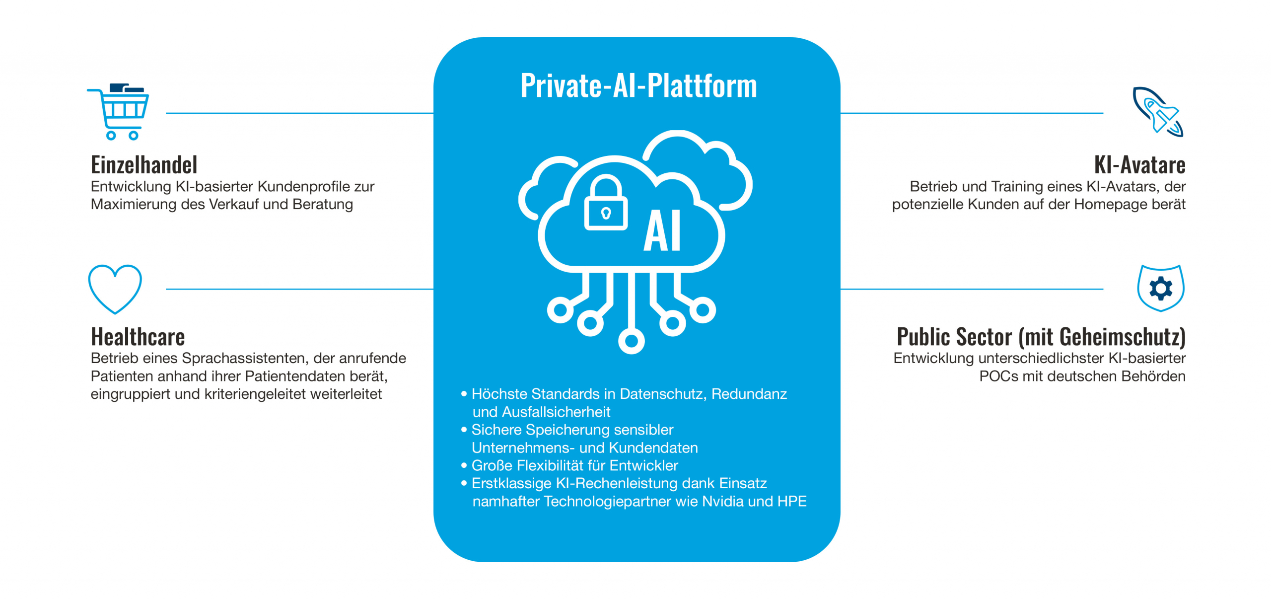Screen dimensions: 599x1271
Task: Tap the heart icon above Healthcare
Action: (x=115, y=288)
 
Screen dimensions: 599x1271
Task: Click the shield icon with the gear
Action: (x=1160, y=288)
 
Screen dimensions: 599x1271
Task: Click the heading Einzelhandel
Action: (x=144, y=165)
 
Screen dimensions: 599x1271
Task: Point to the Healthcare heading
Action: (x=138, y=337)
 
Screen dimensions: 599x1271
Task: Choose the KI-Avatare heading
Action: (x=1139, y=165)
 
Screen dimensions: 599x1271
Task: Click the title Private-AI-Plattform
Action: (x=638, y=85)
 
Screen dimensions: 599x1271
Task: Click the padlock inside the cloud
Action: (x=606, y=205)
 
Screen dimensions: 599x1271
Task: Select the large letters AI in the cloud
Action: (x=662, y=231)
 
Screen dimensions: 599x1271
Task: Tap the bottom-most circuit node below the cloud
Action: (x=631, y=341)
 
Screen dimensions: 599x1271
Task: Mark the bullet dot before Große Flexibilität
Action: (x=464, y=465)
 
